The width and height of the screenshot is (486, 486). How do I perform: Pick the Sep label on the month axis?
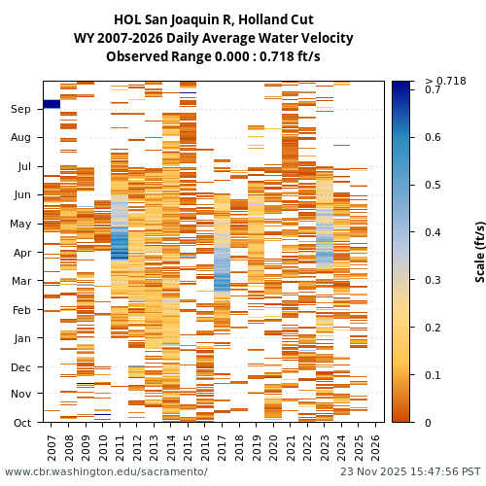21,110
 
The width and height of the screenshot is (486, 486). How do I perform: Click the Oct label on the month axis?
21,423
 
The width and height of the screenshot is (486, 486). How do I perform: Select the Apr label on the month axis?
21,253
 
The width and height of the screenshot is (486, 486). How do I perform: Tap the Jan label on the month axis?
21,338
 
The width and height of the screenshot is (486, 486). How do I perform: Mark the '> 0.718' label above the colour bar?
445,81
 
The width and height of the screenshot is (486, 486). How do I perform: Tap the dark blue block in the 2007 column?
52,104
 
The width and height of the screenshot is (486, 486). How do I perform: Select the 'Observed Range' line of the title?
213,56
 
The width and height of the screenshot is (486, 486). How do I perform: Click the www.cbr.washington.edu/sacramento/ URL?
106,471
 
